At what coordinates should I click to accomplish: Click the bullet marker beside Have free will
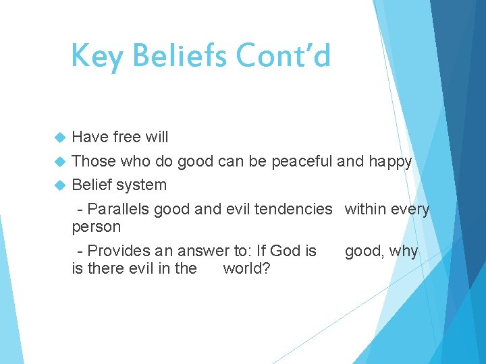[59, 138]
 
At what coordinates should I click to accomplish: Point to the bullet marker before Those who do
[59, 161]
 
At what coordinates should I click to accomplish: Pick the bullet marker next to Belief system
[59, 185]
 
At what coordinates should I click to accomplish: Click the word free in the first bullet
[126, 137]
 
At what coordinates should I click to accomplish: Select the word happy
[389, 161]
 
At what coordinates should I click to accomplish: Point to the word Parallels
[118, 210]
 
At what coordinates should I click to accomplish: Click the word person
[96, 227]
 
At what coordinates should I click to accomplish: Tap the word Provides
[119, 251]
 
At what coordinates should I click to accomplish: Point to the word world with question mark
[247, 268]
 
